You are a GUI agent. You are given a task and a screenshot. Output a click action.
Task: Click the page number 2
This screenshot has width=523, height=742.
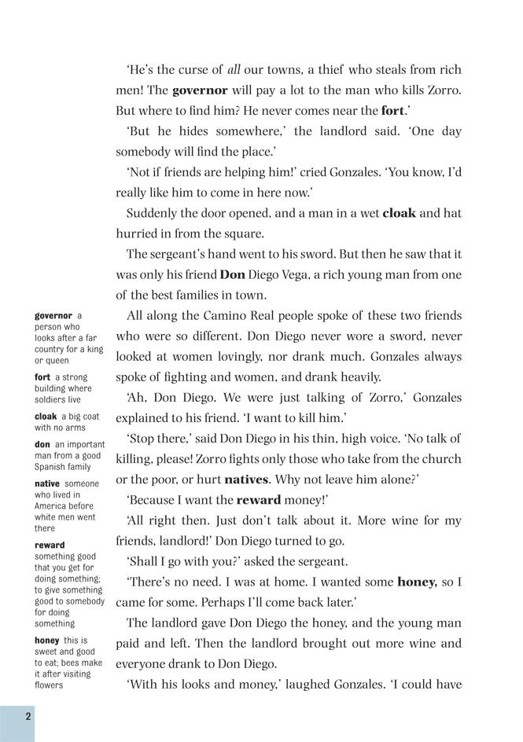point(28,716)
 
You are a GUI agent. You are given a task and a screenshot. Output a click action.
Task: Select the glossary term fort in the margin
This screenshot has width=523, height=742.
point(42,377)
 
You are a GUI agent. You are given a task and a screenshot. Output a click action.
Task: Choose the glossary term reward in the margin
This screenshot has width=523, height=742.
point(50,545)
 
